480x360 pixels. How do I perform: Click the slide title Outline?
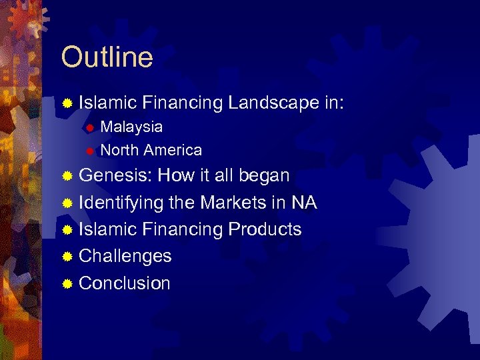pos(107,57)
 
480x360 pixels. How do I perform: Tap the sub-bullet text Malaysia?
pos(131,127)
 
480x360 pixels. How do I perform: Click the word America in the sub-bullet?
pos(172,150)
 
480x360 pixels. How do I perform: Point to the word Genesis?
pos(116,176)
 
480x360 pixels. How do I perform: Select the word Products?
pos(265,229)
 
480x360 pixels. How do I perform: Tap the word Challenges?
pos(125,256)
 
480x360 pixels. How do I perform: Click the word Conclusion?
pos(125,283)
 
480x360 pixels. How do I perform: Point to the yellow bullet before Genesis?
pos(67,177)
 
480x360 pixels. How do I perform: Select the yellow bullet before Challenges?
pos(67,257)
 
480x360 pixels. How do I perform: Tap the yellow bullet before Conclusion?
pos(67,283)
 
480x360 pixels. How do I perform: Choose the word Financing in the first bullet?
pos(182,103)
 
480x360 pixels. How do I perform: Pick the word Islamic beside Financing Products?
pos(107,229)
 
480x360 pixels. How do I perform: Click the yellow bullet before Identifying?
pos(67,203)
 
